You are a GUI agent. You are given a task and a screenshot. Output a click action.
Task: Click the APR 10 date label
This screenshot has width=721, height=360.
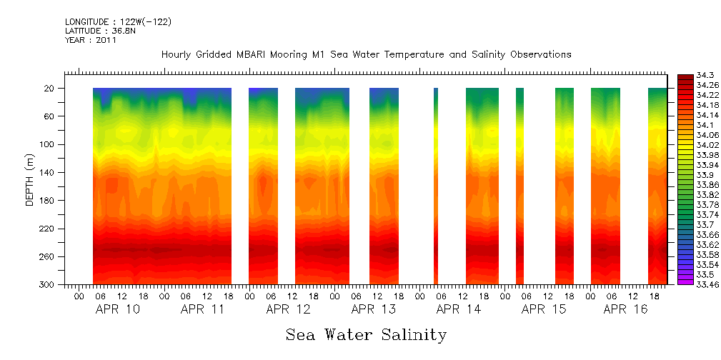point(118,309)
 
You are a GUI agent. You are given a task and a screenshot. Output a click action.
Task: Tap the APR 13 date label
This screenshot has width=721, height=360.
point(374,309)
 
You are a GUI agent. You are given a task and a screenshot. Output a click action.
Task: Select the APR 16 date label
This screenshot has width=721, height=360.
point(625,309)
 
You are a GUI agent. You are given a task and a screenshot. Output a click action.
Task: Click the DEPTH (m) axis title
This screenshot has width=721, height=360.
point(30,186)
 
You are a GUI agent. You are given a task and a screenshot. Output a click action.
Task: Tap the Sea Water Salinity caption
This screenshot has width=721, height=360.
point(366,335)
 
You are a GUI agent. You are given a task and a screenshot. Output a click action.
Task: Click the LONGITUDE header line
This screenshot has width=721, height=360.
point(119,21)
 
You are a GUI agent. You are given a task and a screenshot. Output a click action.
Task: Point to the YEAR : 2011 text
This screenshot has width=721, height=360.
point(91,40)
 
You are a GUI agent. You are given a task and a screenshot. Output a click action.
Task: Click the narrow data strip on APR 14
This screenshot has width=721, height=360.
point(436,186)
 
